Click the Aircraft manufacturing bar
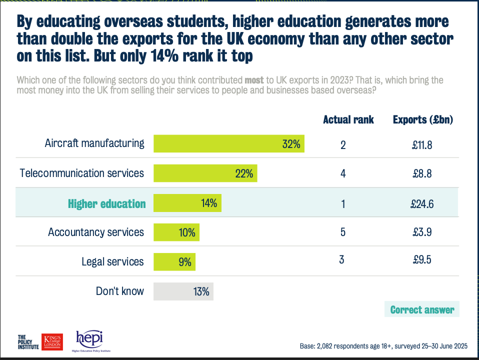click(228, 144)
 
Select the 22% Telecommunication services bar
click(205, 173)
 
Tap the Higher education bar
click(187, 203)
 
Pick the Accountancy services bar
click(176, 232)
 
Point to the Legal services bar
click(174, 261)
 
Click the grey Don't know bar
click(183, 291)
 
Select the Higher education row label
click(107, 203)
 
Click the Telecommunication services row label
click(82, 173)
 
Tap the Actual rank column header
click(348, 120)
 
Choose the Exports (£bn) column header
click(422, 120)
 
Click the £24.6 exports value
click(422, 203)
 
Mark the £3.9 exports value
click(422, 232)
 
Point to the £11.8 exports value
click(422, 145)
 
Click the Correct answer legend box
click(422, 309)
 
